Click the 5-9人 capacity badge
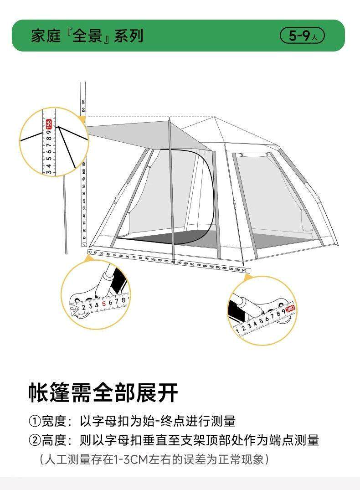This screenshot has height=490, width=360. pyautogui.click(x=302, y=36)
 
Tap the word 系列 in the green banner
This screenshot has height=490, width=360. pyautogui.click(x=129, y=36)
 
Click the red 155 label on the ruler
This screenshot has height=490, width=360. pyautogui.click(x=49, y=124)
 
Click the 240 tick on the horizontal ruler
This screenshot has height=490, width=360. pyautogui.click(x=244, y=270)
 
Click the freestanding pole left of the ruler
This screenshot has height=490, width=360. pyautogui.click(x=65, y=214)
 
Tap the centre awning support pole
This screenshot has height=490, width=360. pyautogui.click(x=171, y=191)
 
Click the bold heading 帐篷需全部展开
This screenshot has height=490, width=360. pyautogui.click(x=103, y=392)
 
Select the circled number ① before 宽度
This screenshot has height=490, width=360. pyautogui.click(x=35, y=421)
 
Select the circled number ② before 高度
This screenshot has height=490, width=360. pyautogui.click(x=35, y=440)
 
